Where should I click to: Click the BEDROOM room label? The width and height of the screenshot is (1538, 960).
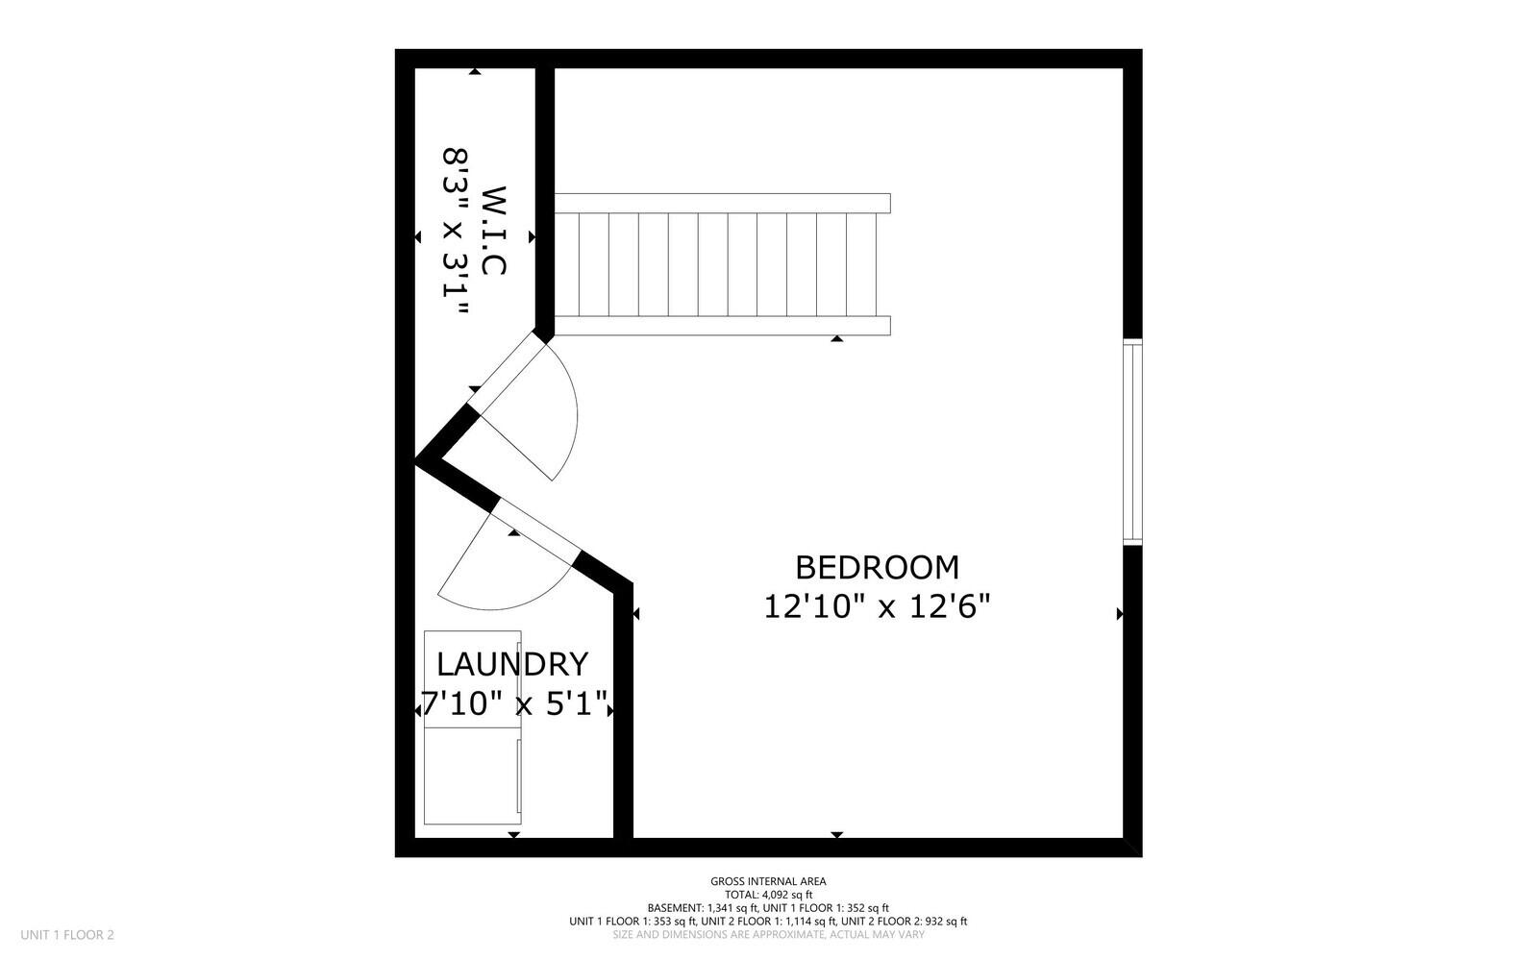click(x=877, y=568)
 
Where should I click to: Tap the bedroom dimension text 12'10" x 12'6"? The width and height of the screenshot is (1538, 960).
click(x=877, y=607)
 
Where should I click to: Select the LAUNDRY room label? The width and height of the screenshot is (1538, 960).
click(x=511, y=665)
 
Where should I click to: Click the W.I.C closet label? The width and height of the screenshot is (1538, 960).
click(x=493, y=231)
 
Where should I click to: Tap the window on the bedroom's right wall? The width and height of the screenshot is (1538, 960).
click(x=1133, y=442)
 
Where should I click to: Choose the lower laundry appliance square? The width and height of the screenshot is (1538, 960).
click(x=473, y=775)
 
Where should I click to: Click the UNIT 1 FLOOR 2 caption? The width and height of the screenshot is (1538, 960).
click(x=67, y=934)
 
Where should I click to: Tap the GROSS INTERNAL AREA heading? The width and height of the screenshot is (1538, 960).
click(x=768, y=881)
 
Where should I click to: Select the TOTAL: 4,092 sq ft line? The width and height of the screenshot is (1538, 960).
click(x=768, y=895)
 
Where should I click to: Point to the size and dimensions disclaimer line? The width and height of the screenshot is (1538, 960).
click(x=768, y=935)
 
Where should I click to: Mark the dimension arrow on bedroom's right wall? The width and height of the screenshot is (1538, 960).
click(x=1120, y=613)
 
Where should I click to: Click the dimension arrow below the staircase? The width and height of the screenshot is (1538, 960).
click(x=837, y=338)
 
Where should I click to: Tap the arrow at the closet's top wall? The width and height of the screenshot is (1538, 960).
click(x=475, y=71)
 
